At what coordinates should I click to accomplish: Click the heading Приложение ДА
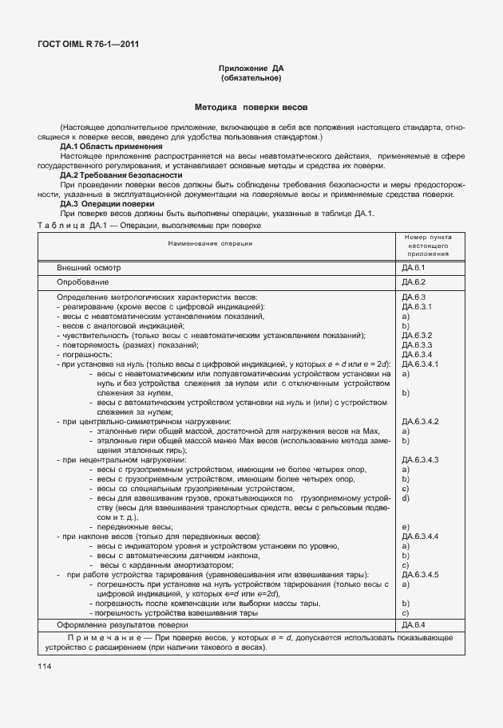pyautogui.click(x=251, y=69)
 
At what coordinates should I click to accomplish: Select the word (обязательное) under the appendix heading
pyautogui.click(x=251, y=78)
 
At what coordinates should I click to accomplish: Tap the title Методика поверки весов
pyautogui.click(x=251, y=107)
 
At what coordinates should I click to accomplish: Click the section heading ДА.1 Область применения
pyautogui.click(x=111, y=146)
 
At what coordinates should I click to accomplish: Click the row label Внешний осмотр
pyautogui.click(x=89, y=267)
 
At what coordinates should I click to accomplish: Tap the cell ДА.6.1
pyautogui.click(x=415, y=267)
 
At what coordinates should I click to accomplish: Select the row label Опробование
pyautogui.click(x=82, y=281)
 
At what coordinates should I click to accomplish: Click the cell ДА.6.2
pyautogui.click(x=415, y=281)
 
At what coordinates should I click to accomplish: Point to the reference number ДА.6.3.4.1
pyautogui.click(x=422, y=364)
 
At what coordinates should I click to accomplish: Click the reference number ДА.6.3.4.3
pyautogui.click(x=422, y=459)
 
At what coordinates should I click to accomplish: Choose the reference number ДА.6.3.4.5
pyautogui.click(x=422, y=574)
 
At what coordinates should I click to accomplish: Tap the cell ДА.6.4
pyautogui.click(x=415, y=625)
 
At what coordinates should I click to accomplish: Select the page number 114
pyautogui.click(x=44, y=665)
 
